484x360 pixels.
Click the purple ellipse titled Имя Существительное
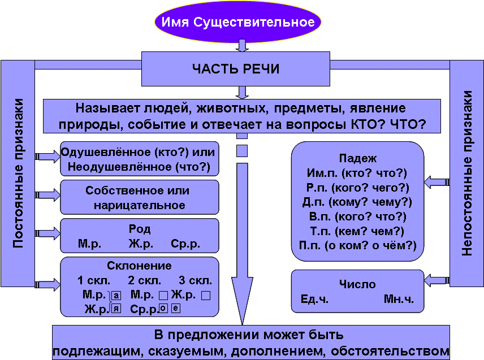pyautogui.click(x=237, y=21)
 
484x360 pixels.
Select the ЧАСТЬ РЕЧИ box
pyautogui.click(x=236, y=69)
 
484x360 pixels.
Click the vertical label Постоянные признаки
pyautogui.click(x=18, y=173)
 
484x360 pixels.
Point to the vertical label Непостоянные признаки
pyautogui.click(x=466, y=173)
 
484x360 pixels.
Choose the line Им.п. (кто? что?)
pyautogui.click(x=357, y=173)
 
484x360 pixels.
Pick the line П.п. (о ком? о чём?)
pyautogui.click(x=357, y=245)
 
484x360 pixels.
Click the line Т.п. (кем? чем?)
pyautogui.click(x=357, y=231)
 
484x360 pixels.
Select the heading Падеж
pyautogui.click(x=358, y=159)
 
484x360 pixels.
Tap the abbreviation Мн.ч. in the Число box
pyautogui.click(x=399, y=299)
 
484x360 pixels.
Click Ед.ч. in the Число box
pyautogui.click(x=314, y=299)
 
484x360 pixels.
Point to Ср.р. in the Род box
pyautogui.click(x=185, y=244)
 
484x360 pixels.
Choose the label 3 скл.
pyautogui.click(x=196, y=280)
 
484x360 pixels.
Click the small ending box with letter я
pyautogui.click(x=116, y=308)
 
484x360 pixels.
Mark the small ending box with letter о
pyautogui.click(x=163, y=308)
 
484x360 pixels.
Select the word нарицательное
pyautogui.click(x=140, y=206)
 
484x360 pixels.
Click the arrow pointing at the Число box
pyautogui.click(x=437, y=280)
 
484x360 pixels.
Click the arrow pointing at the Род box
pyautogui.click(x=47, y=233)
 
